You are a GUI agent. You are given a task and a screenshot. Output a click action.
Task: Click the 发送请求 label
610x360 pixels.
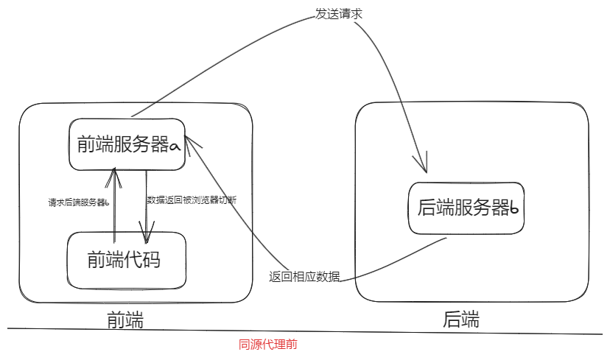pyautogui.click(x=338, y=14)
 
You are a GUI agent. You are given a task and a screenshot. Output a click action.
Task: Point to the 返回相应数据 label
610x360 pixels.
pyautogui.click(x=305, y=277)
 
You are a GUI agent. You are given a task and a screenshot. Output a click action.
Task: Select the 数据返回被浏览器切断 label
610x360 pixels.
pyautogui.click(x=192, y=200)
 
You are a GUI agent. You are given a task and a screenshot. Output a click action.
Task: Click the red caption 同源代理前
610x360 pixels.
pyautogui.click(x=268, y=344)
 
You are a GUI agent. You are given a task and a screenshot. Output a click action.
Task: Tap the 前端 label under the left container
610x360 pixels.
pyautogui.click(x=125, y=320)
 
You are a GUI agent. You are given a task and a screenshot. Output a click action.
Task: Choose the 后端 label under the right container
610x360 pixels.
pyautogui.click(x=461, y=320)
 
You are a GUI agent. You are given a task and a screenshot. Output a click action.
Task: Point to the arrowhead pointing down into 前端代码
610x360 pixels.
pyautogui.click(x=148, y=237)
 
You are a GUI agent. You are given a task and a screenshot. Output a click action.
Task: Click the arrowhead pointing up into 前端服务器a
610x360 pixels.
pyautogui.click(x=115, y=173)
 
